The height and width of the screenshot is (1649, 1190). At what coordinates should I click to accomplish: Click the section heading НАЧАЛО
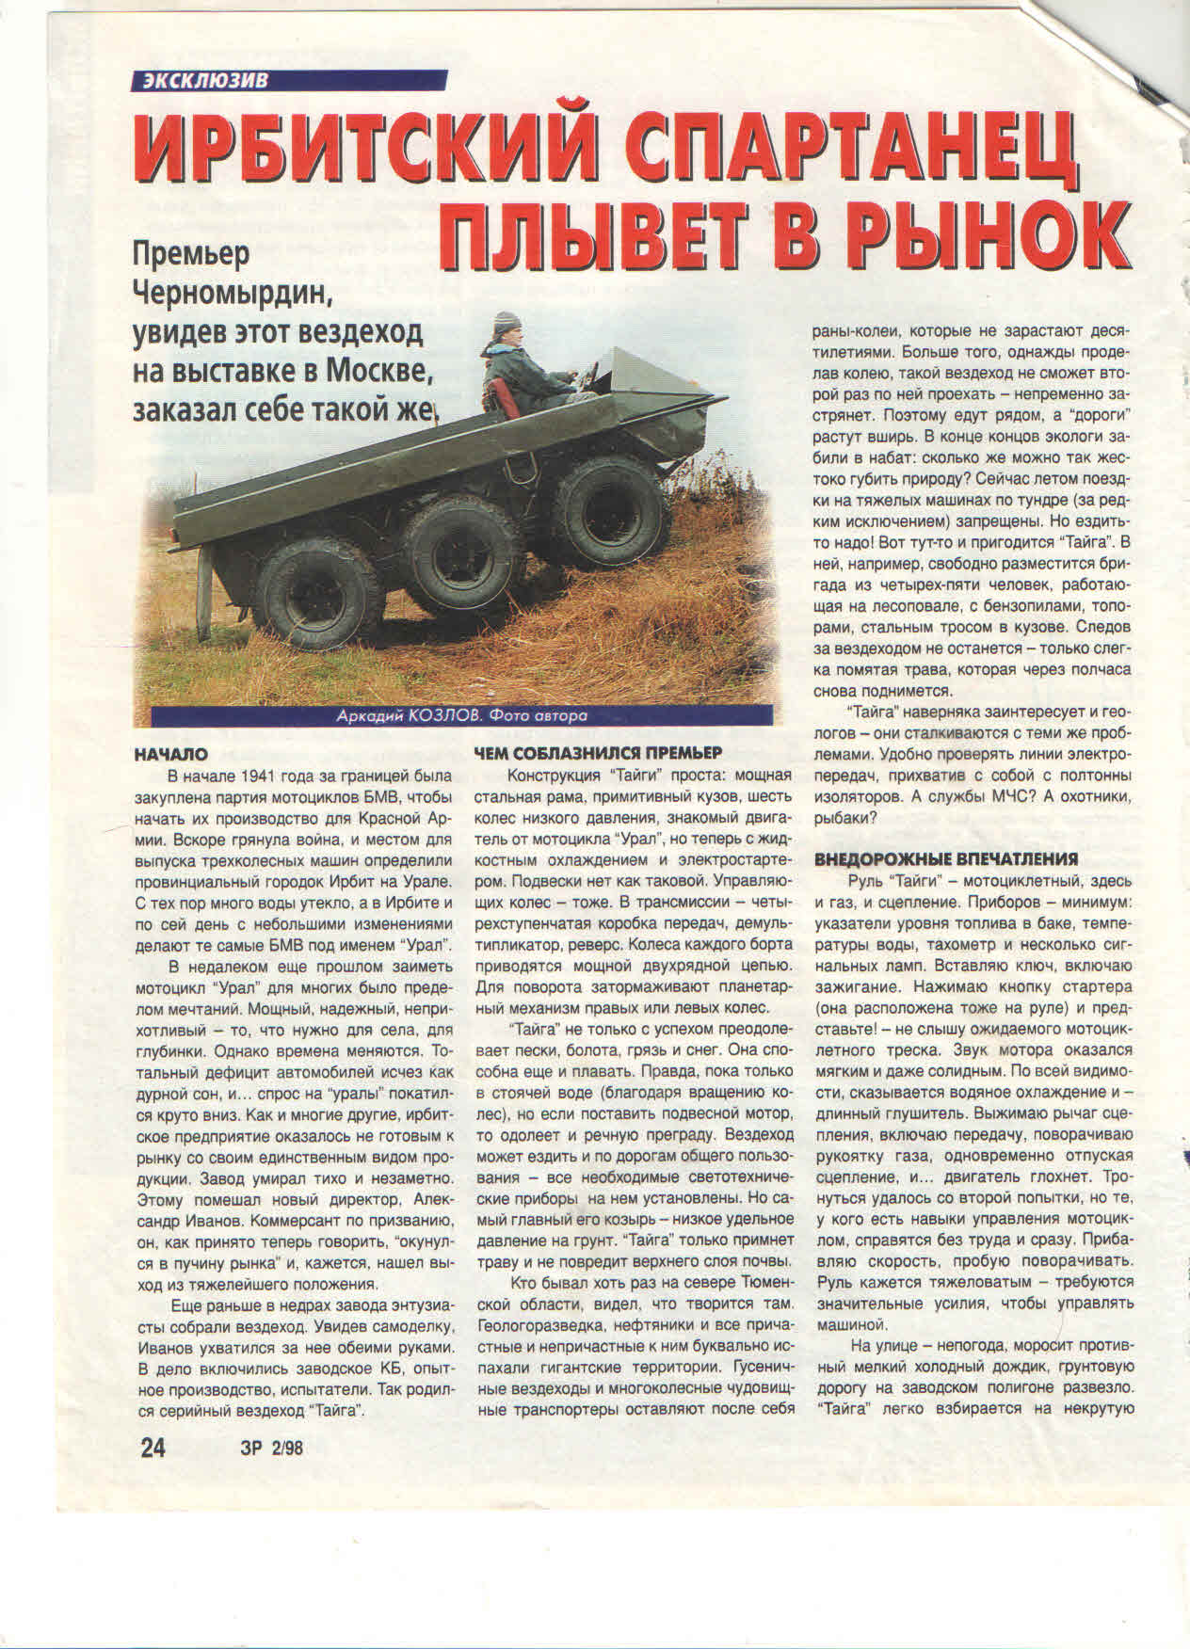[x=171, y=754]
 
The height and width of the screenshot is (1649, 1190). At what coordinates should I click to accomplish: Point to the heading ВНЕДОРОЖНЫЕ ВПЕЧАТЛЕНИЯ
[x=946, y=859]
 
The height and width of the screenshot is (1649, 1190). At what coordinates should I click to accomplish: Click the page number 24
[x=153, y=1471]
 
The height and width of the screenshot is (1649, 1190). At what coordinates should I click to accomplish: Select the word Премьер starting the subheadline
[x=192, y=253]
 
